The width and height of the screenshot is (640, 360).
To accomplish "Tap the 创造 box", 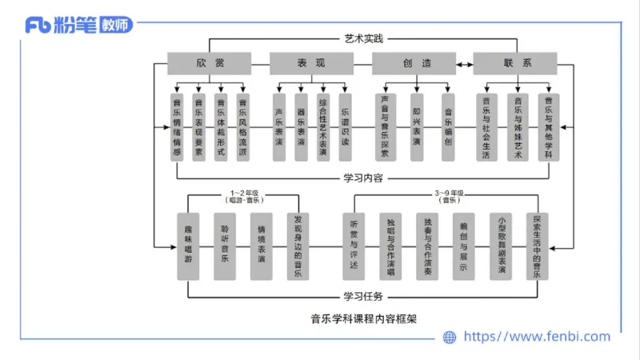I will point(414,63).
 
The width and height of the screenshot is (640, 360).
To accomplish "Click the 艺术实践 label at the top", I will point(364,38).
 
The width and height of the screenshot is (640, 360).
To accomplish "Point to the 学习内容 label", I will point(364,176).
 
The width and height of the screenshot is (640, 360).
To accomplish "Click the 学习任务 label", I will point(364,296).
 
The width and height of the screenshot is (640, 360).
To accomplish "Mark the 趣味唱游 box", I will point(188,246).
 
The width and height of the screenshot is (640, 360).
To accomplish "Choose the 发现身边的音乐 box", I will point(298,246).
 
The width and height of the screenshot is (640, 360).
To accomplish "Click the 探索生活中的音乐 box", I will point(538,246).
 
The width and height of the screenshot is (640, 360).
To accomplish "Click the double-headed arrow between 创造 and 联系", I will point(462,63).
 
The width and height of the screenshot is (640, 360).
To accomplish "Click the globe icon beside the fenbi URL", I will point(450,338).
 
